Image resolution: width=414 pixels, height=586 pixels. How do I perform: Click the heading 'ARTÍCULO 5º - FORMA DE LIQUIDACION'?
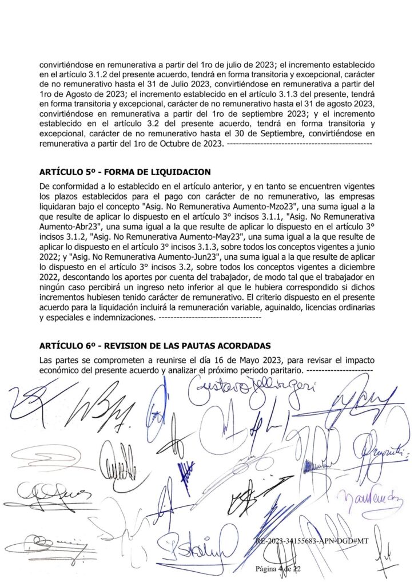click(125, 172)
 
